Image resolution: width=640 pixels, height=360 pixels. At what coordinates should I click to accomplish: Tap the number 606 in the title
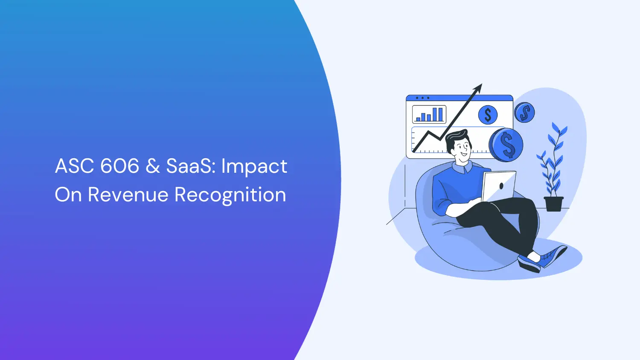click(119, 166)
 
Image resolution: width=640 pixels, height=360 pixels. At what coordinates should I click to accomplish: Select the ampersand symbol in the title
click(152, 166)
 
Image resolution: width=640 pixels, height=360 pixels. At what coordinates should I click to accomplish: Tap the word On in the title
click(68, 195)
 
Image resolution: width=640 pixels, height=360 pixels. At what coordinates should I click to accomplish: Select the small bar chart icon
click(429, 114)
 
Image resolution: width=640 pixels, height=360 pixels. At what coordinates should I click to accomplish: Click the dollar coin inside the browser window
click(488, 115)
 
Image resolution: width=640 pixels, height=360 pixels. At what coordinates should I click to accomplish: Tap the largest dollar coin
click(506, 145)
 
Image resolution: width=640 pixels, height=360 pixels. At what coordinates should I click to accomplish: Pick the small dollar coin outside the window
click(524, 113)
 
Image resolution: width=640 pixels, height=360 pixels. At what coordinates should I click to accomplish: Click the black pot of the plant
click(554, 203)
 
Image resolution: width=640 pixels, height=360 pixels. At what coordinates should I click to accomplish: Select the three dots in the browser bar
click(422, 98)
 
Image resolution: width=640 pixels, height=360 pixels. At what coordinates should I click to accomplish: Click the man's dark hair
click(456, 137)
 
